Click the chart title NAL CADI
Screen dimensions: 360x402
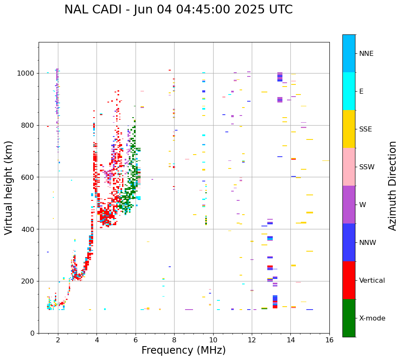[95, 10]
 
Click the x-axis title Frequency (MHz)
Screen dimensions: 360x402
[183, 350]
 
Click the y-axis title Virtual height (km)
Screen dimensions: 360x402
[9, 188]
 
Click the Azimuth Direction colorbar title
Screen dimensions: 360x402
[392, 186]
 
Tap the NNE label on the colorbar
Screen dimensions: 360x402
[366, 54]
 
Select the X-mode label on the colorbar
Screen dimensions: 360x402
[372, 318]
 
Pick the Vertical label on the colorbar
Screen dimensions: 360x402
[372, 281]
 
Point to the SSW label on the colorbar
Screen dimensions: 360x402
[367, 167]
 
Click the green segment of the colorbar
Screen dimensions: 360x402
[349, 318]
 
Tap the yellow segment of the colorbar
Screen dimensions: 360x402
[349, 129]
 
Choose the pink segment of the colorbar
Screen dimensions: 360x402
[349, 167]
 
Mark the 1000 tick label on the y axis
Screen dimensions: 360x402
[26, 74]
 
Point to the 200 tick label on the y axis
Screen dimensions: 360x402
[28, 281]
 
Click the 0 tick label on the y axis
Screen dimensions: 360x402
[32, 333]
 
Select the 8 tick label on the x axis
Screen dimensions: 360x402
[174, 340]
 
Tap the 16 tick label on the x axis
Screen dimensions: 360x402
[329, 340]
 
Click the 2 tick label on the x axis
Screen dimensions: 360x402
[58, 340]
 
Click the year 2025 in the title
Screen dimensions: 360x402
[251, 10]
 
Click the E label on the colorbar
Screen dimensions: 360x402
[361, 92]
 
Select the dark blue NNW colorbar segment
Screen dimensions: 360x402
[349, 242]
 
